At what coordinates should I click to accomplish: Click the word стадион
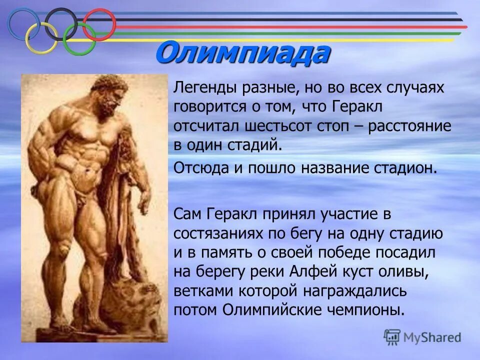[409, 167]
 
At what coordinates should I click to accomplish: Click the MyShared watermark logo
[422, 337]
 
